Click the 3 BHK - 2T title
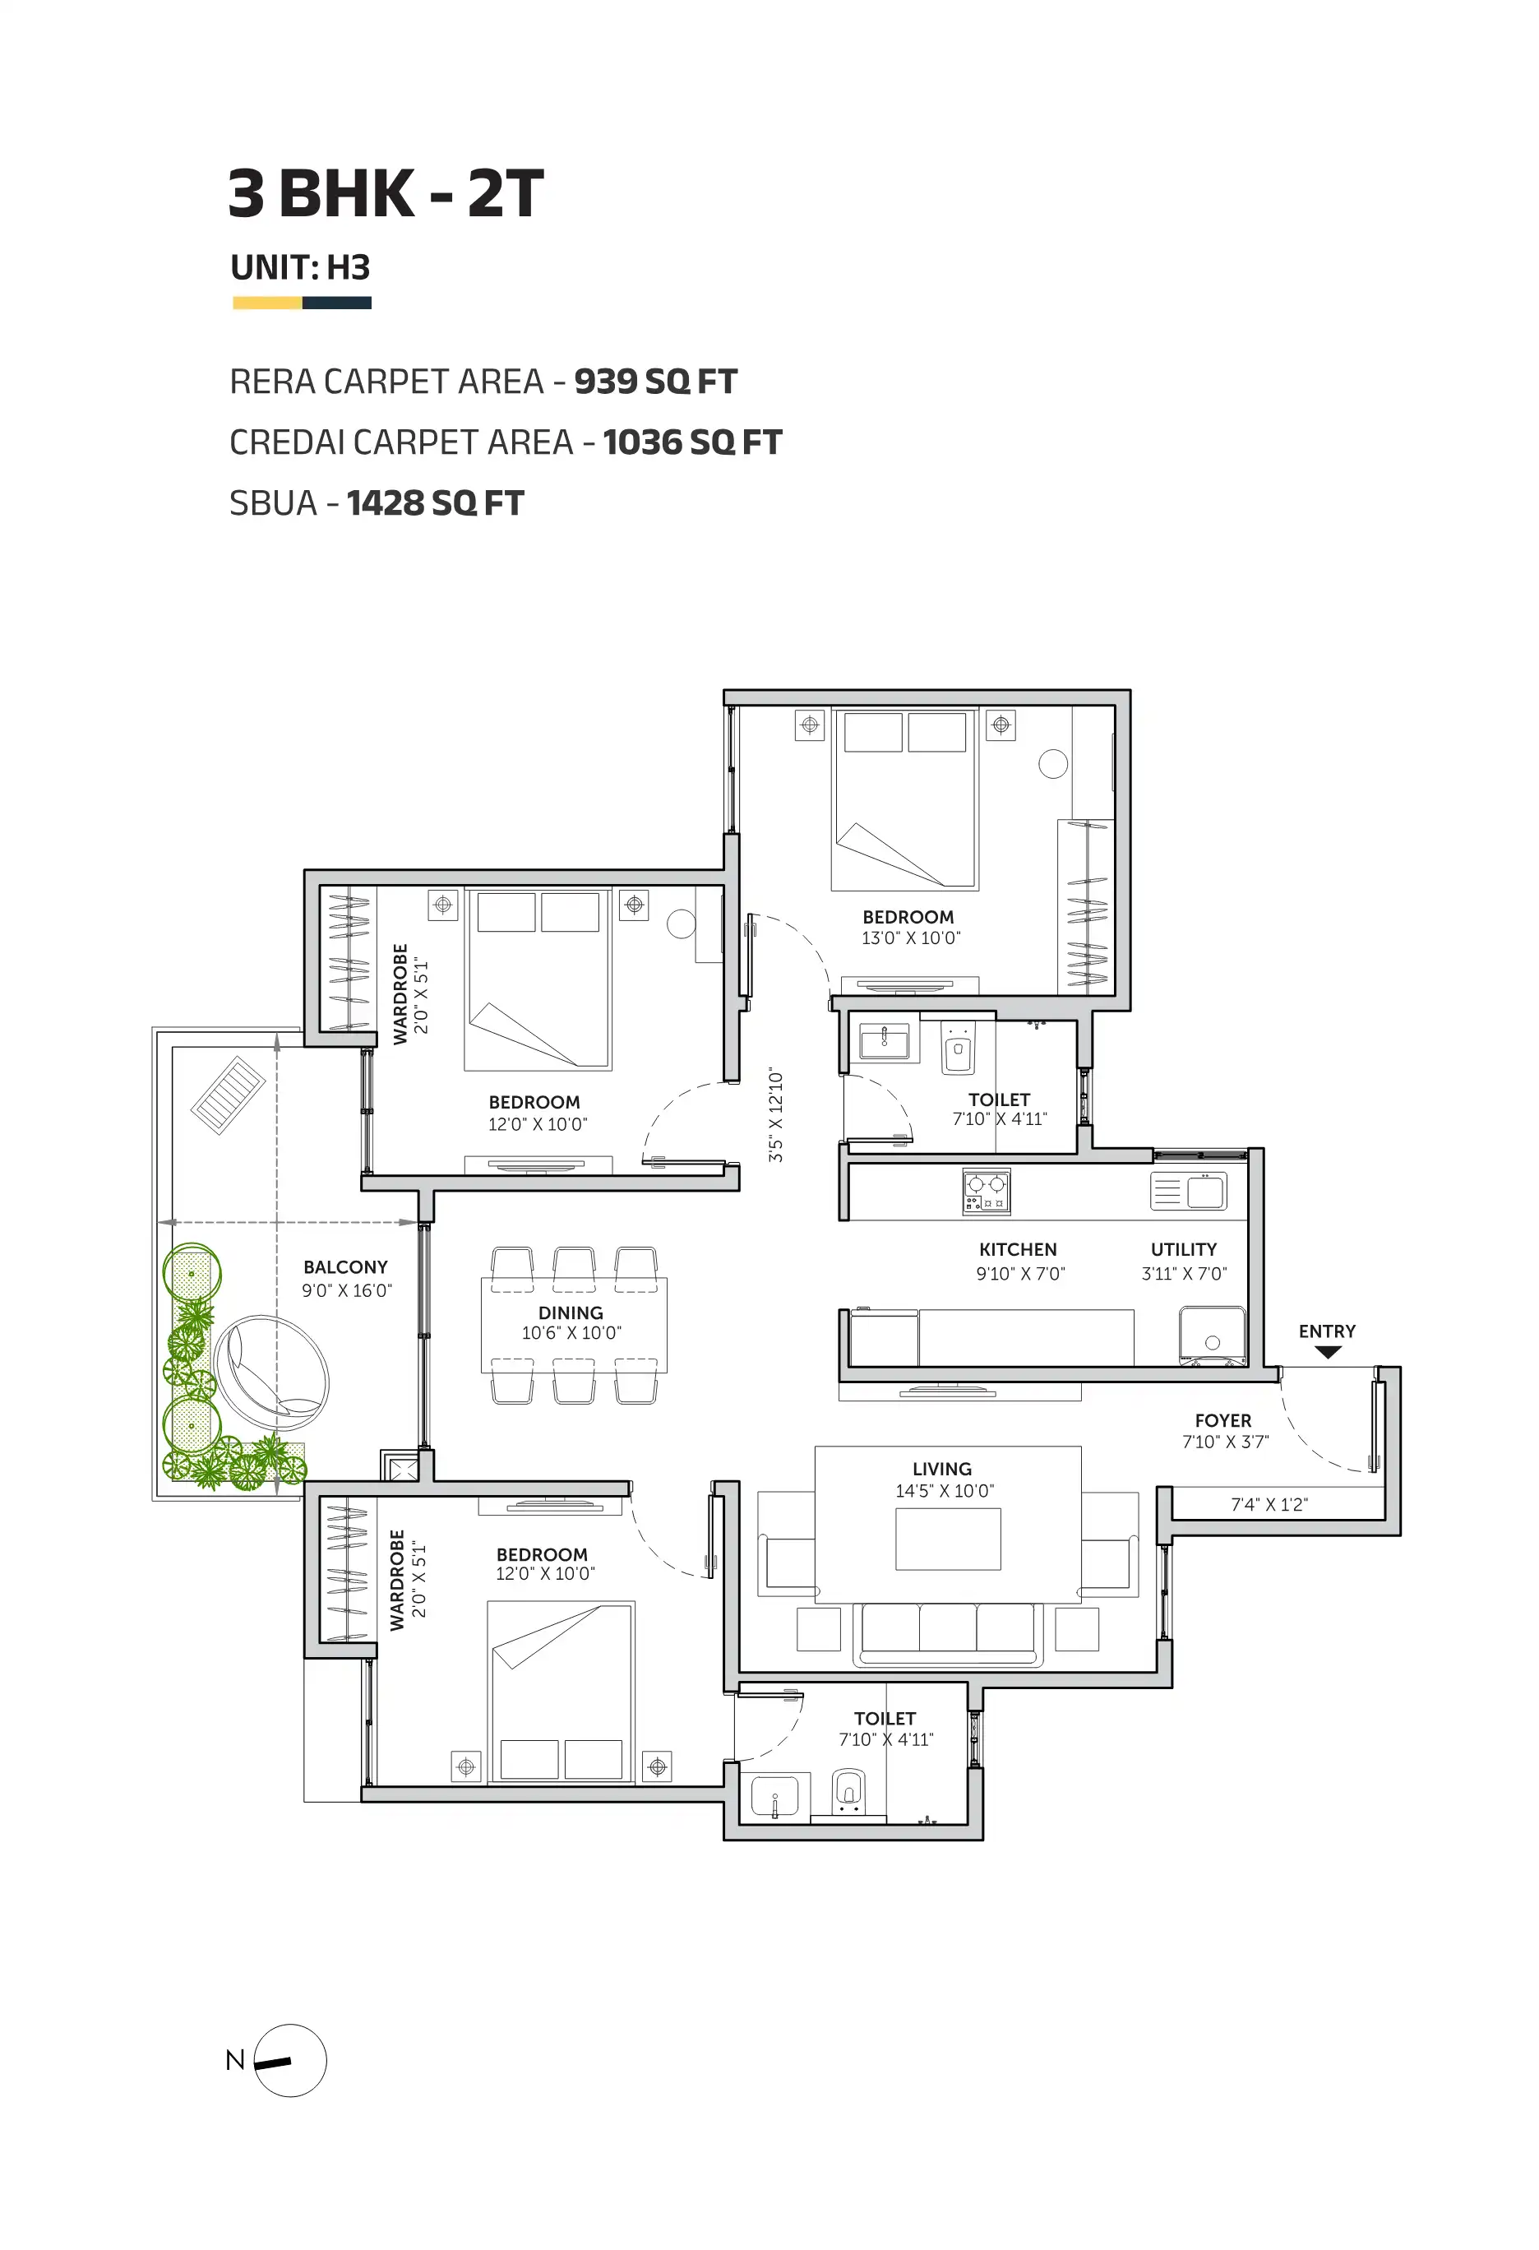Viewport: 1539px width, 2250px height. click(x=386, y=193)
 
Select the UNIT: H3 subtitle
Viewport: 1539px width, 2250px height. click(x=300, y=267)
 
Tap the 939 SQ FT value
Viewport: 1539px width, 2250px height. click(x=655, y=382)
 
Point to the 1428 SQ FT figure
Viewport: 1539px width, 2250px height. click(x=435, y=503)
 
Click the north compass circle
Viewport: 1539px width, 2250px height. click(x=290, y=2060)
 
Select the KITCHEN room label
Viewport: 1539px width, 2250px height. click(x=1017, y=1250)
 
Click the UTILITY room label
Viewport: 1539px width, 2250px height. click(x=1184, y=1250)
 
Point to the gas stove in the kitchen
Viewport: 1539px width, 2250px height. click(x=987, y=1190)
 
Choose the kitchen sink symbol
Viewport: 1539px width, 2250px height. click(x=1189, y=1191)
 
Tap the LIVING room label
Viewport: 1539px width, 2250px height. click(x=942, y=1469)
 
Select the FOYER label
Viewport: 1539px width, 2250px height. click(x=1222, y=1420)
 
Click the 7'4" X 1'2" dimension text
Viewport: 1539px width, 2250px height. click(x=1269, y=1504)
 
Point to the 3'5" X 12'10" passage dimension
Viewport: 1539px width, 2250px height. click(x=775, y=1115)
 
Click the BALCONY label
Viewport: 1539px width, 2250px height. click(x=345, y=1267)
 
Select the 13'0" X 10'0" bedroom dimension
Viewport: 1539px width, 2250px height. click(x=911, y=937)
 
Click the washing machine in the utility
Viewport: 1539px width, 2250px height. click(x=1213, y=1337)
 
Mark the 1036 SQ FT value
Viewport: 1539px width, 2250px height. click(x=692, y=442)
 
